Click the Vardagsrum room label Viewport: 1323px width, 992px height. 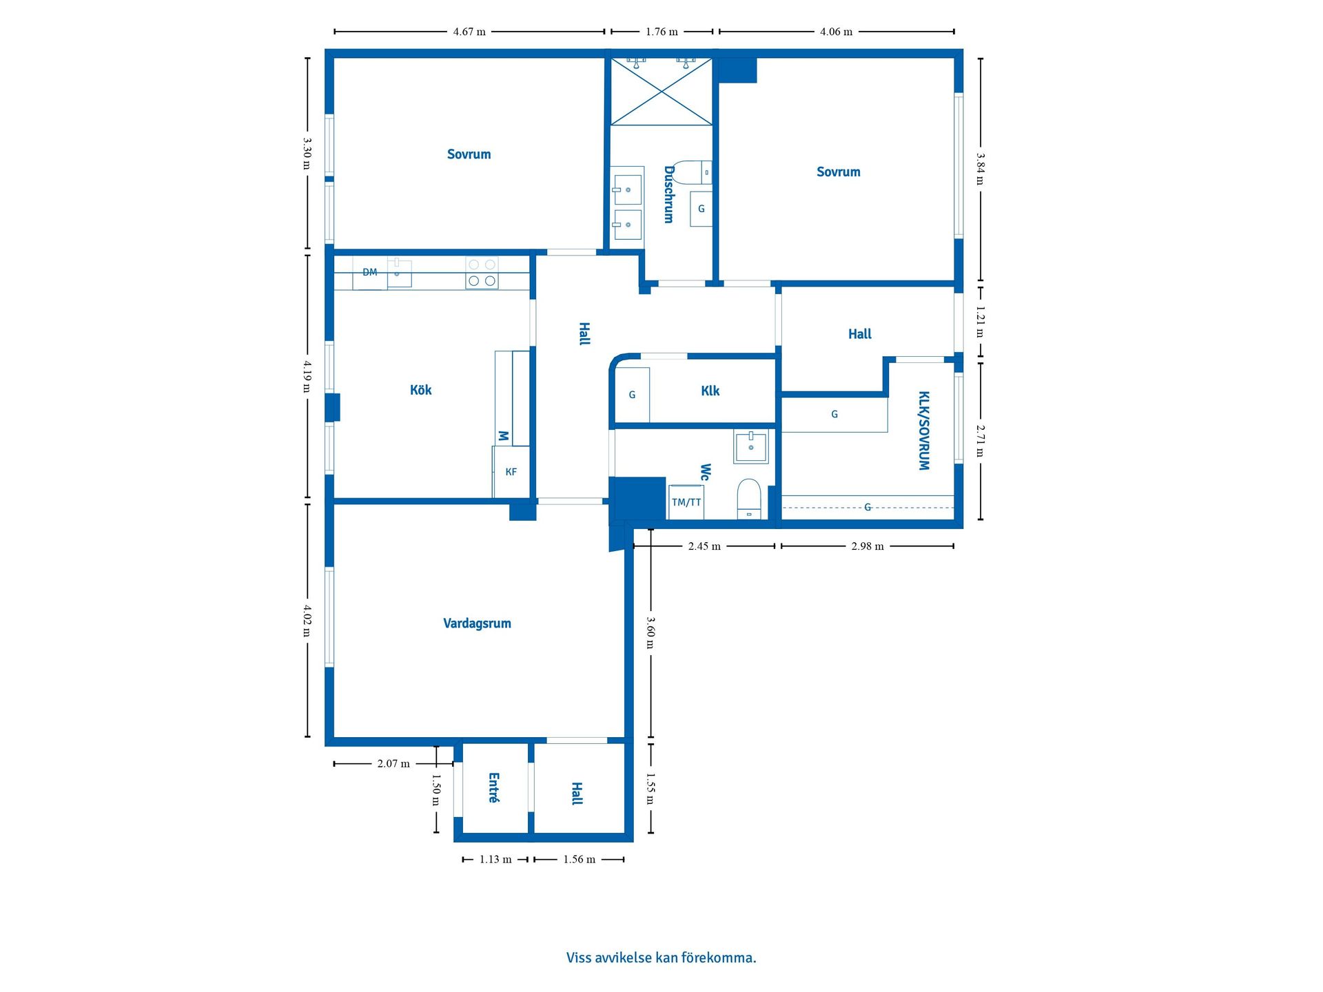tap(477, 623)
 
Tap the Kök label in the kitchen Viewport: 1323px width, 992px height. tap(420, 390)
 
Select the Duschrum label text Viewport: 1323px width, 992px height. tap(668, 194)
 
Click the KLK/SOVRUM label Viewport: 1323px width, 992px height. tap(924, 431)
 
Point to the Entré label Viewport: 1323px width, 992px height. tap(493, 787)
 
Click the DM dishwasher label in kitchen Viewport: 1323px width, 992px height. tap(370, 273)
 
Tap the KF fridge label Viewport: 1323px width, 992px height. tap(511, 472)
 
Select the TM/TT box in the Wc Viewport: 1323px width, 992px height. tap(686, 502)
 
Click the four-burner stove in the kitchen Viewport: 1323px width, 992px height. tap(482, 273)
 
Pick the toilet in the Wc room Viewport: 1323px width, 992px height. tap(749, 497)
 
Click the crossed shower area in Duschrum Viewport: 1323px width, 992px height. tap(661, 92)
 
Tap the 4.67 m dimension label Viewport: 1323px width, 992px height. tap(469, 32)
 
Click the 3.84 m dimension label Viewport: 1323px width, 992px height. tap(980, 169)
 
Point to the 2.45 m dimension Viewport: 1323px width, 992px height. tap(704, 546)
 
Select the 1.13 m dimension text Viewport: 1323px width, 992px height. tap(495, 859)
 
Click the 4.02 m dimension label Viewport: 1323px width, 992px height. tap(307, 621)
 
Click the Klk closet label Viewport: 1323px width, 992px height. tap(710, 391)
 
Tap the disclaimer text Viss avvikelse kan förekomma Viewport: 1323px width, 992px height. tap(661, 958)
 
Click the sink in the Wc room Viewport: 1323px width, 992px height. tap(750, 446)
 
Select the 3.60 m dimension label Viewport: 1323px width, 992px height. tap(650, 632)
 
